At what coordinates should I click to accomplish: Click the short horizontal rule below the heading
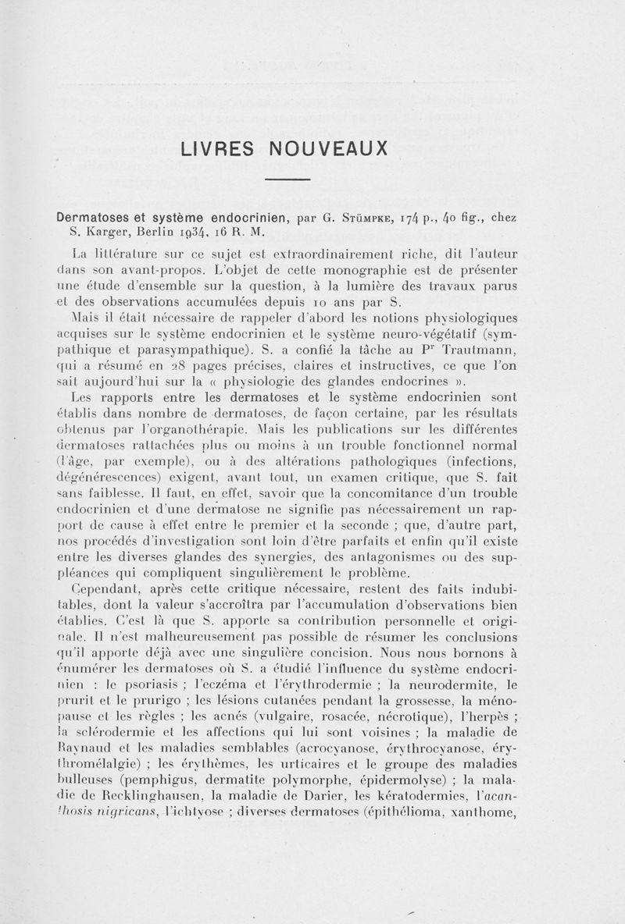pos(288,181)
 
